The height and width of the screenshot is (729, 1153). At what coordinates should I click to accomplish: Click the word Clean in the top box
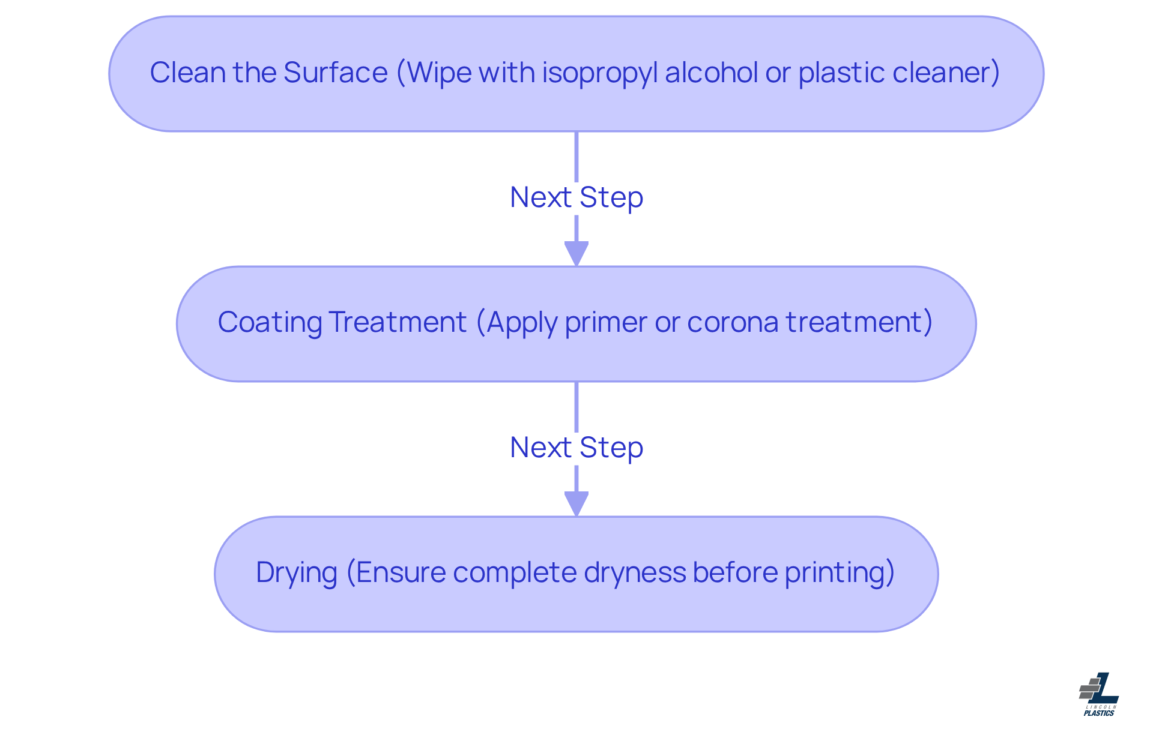(x=187, y=73)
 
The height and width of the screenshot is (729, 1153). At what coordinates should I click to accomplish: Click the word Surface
(x=335, y=73)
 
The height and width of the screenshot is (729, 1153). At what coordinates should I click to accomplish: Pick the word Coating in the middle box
(x=270, y=323)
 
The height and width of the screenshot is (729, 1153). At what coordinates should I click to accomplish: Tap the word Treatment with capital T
(x=398, y=322)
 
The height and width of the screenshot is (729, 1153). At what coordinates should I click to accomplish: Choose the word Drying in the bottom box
(x=296, y=573)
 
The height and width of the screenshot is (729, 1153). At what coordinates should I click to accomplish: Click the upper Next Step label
(x=576, y=197)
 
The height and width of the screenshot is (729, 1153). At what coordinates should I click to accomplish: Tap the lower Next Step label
(x=576, y=448)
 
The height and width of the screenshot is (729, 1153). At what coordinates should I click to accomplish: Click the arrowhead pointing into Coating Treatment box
(x=576, y=253)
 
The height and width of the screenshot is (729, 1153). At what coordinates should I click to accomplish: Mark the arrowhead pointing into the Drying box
(x=576, y=503)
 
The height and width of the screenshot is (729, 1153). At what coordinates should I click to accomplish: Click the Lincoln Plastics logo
(x=1099, y=694)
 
